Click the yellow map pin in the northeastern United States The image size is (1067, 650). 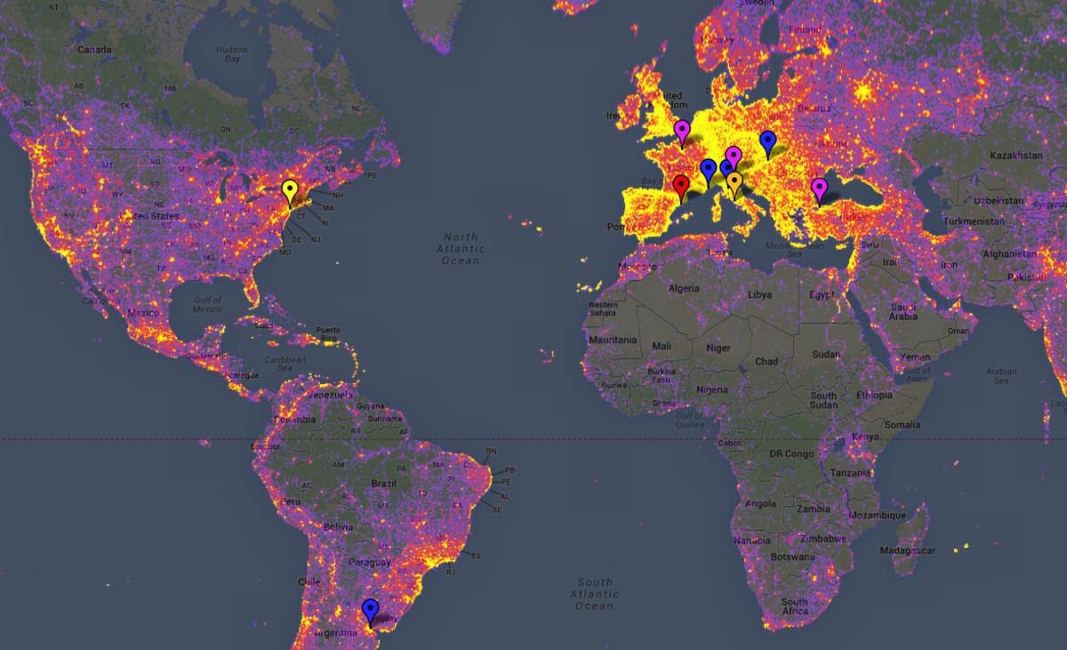tap(289, 191)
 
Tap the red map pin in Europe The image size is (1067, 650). tap(681, 187)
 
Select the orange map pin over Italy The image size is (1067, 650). tap(734, 183)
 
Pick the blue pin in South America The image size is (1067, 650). tap(371, 610)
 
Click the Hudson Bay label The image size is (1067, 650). tap(231, 54)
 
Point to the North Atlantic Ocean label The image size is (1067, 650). tap(461, 249)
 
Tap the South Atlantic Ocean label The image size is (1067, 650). tap(594, 594)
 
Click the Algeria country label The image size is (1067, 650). tap(684, 289)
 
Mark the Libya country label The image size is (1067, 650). tap(759, 294)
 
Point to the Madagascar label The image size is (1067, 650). tap(908, 550)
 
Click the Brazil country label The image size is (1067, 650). tap(384, 483)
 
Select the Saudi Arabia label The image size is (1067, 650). tap(903, 311)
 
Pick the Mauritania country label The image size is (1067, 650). tap(613, 340)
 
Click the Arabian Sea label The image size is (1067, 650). tap(1001, 375)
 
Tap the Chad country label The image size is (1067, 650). tap(766, 361)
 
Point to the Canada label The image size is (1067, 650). tap(94, 50)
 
